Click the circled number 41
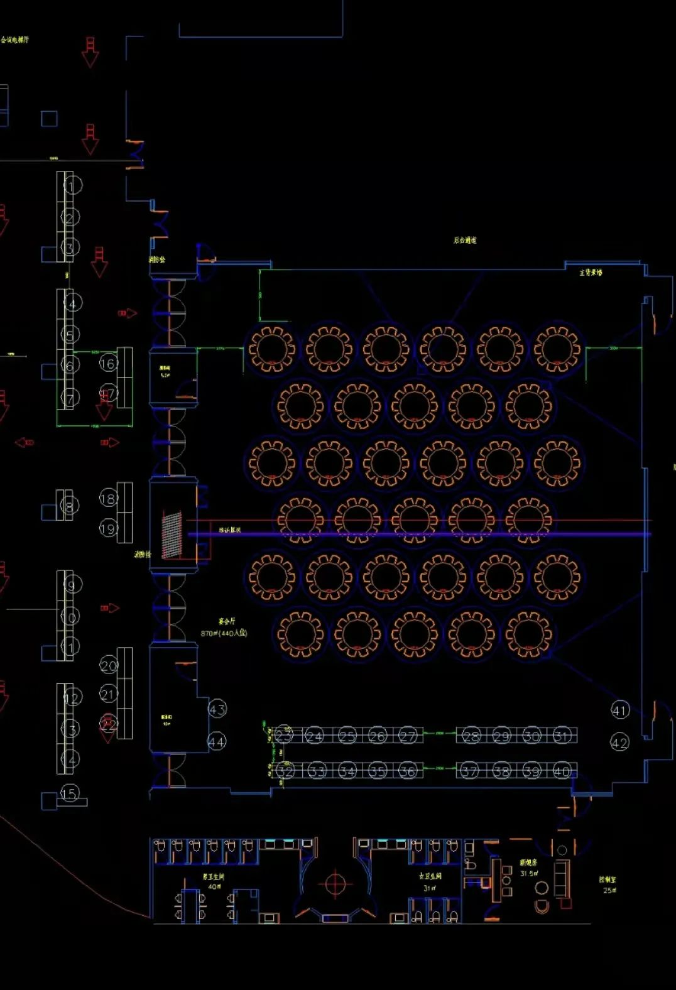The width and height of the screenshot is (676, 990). (x=620, y=710)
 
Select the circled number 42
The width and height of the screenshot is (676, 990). (x=619, y=742)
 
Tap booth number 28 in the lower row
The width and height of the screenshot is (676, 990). (x=471, y=736)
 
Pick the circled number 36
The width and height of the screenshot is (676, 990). (x=408, y=770)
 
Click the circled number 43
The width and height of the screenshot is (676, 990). (x=217, y=709)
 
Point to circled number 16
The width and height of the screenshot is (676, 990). (x=108, y=363)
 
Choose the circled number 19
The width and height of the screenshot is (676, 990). (x=108, y=528)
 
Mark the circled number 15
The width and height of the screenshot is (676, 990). (x=69, y=793)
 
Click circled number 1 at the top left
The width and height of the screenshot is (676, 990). (x=73, y=185)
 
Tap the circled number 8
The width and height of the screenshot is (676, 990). (x=70, y=506)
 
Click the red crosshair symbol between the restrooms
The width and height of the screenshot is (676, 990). (x=335, y=884)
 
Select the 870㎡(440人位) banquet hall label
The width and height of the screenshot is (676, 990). (x=224, y=633)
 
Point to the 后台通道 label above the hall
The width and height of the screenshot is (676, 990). (x=465, y=240)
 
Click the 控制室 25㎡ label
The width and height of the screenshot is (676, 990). (x=608, y=884)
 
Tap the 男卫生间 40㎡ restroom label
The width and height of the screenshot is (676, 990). (x=214, y=881)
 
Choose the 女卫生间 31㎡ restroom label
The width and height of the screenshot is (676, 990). (x=430, y=881)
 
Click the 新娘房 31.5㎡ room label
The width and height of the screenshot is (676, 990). (x=528, y=868)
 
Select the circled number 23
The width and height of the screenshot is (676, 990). (x=284, y=735)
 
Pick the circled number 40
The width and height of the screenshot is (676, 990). (x=561, y=771)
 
